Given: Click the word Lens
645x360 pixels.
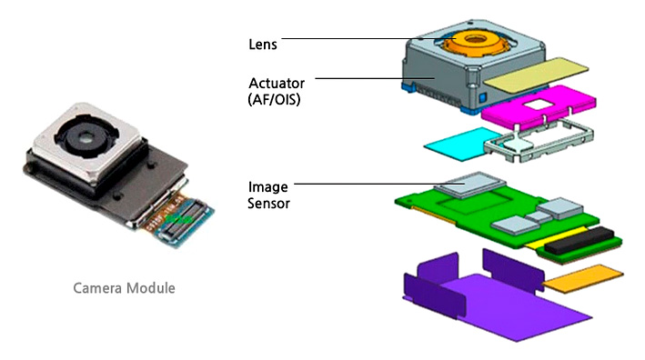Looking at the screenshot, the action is [x=262, y=45].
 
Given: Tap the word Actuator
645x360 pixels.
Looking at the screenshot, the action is [x=277, y=83].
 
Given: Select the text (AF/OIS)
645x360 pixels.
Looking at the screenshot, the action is [x=274, y=99].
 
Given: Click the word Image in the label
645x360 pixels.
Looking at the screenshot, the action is [x=267, y=187].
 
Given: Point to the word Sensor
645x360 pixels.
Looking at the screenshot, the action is [x=268, y=204].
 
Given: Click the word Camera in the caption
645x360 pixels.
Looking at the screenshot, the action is [x=97, y=287].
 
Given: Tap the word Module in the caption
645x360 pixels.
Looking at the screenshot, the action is [x=150, y=287].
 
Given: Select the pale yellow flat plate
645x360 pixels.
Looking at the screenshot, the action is [x=536, y=75].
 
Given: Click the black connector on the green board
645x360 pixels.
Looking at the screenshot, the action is [x=580, y=239].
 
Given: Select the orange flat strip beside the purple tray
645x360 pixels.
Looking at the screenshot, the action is [x=582, y=278].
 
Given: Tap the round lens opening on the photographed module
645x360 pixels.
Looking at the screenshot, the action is [x=86, y=138].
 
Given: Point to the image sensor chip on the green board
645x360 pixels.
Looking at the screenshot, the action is [x=469, y=185].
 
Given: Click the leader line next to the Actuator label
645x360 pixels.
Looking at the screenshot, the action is [x=375, y=78].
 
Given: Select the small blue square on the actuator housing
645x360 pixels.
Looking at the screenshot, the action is [x=483, y=98].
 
